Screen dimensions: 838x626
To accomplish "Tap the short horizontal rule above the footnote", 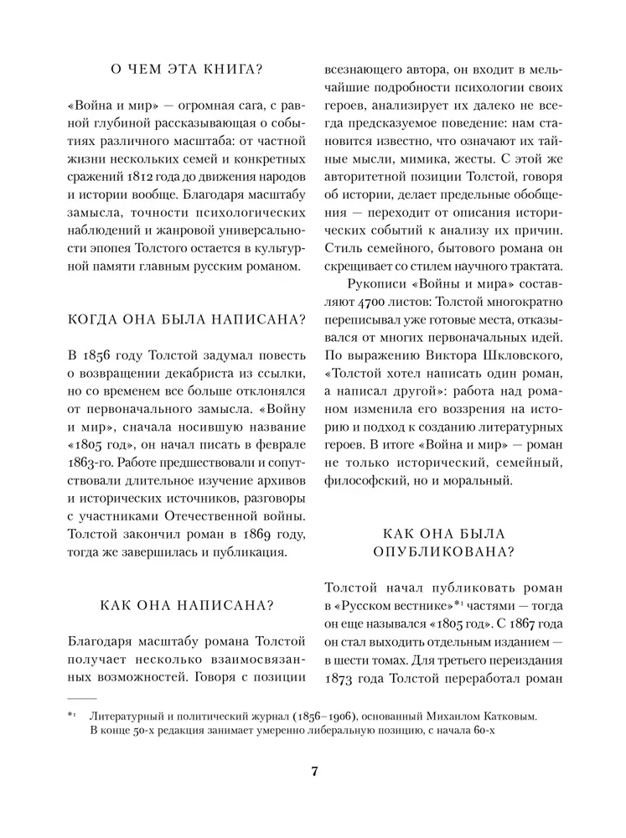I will click(x=82, y=697).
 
